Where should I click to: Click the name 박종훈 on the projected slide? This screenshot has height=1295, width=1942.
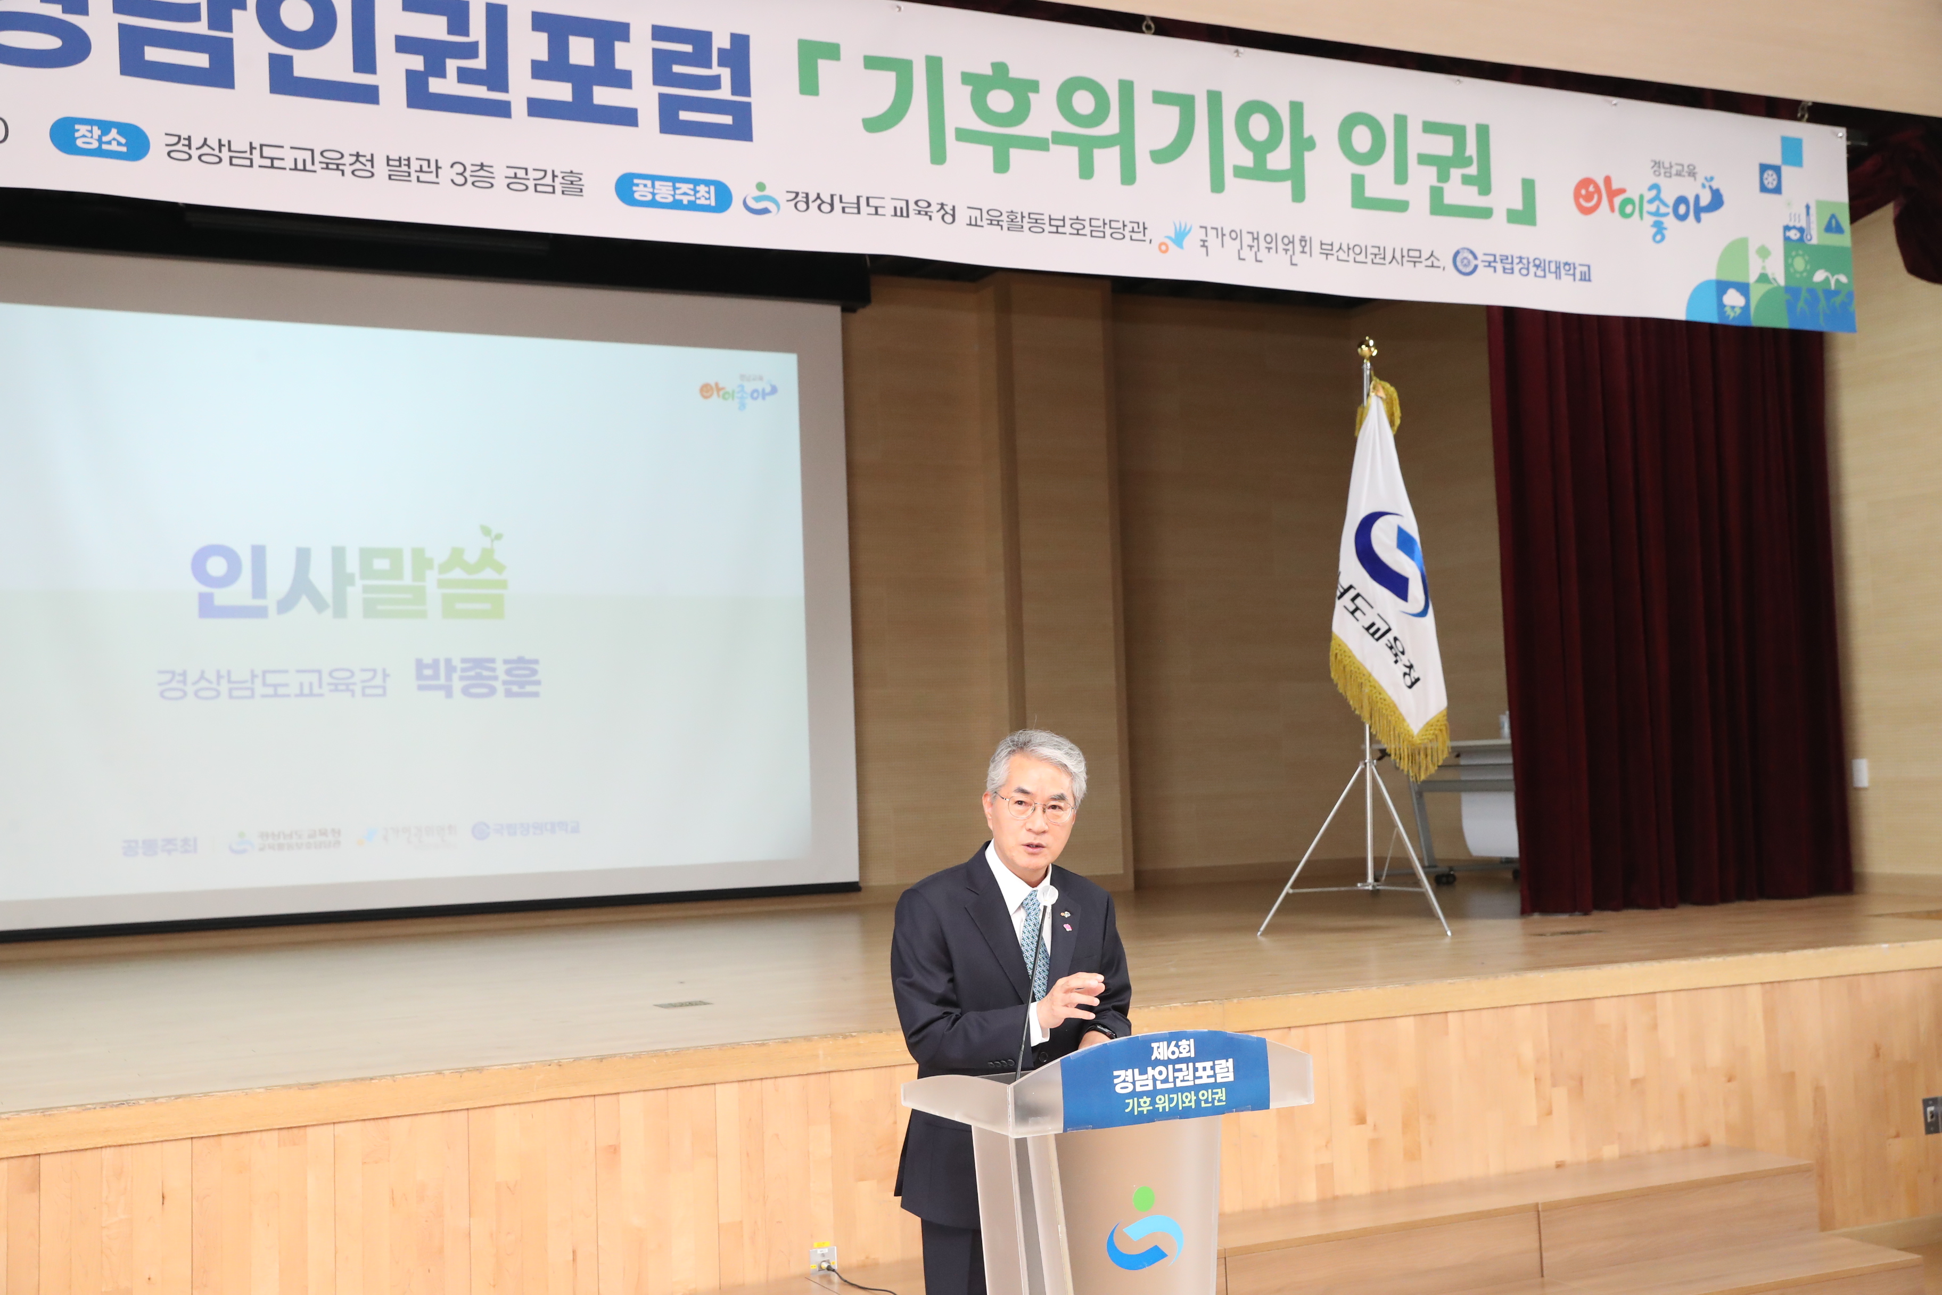coord(476,678)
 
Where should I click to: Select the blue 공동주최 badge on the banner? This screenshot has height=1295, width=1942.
coord(673,193)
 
